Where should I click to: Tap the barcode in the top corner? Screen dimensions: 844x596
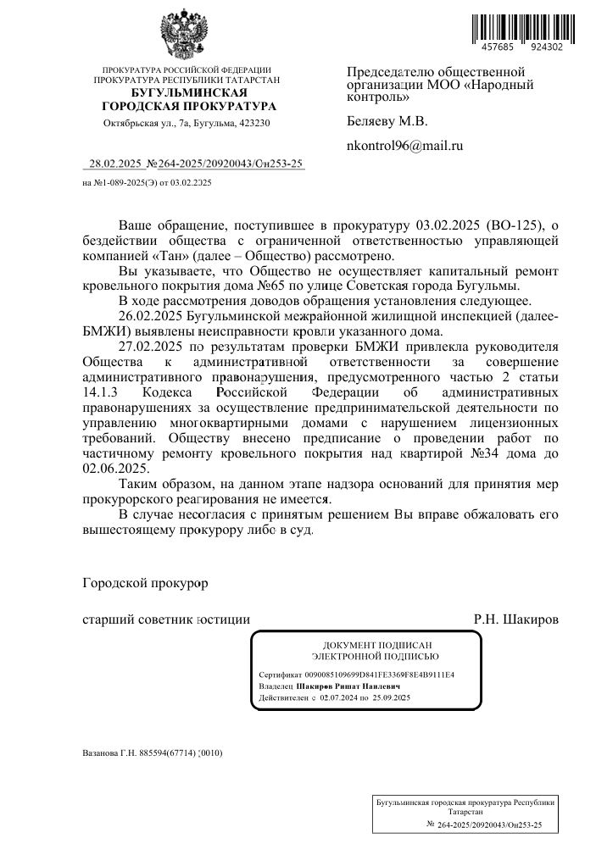coord(515,25)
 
